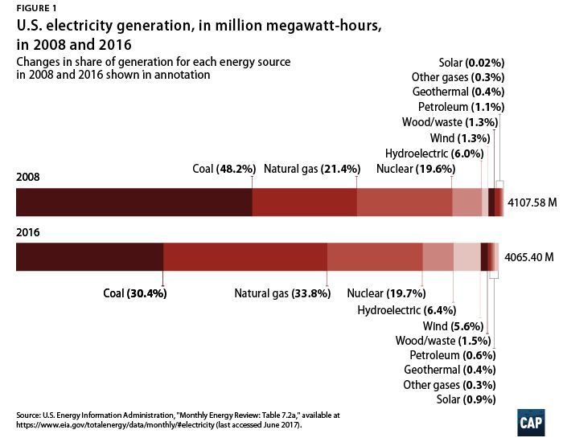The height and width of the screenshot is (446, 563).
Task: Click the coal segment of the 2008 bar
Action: pos(134,203)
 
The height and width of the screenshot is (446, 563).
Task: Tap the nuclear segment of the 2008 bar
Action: pos(405,203)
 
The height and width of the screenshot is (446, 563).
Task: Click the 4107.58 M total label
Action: pos(532,204)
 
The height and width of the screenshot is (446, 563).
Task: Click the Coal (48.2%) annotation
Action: pos(224,169)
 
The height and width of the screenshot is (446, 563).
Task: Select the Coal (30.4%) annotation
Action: pos(135,293)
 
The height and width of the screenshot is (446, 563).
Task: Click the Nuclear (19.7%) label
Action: pos(386,293)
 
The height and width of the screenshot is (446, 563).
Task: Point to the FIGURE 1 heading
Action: pos(35,9)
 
